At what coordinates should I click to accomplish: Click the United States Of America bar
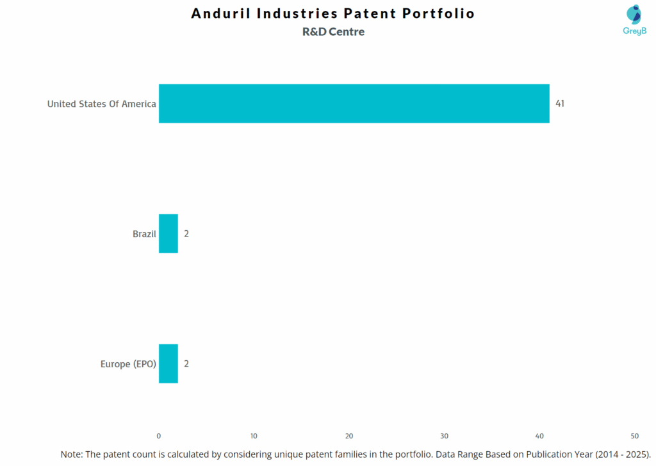point(354,103)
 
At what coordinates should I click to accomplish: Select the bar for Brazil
point(168,233)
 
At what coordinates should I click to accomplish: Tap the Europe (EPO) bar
point(168,363)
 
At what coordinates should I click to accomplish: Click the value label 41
point(560,103)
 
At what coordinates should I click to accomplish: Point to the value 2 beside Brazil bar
point(186,234)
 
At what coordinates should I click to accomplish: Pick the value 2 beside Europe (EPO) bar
point(186,363)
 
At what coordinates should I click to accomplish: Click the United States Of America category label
point(101,104)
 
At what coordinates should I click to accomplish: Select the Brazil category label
point(144,234)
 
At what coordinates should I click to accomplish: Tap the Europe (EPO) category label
point(128,364)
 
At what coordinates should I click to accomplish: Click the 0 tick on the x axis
point(159,436)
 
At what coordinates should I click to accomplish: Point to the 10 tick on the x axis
point(254,436)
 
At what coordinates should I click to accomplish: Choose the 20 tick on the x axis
point(349,436)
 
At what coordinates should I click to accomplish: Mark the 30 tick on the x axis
point(444,436)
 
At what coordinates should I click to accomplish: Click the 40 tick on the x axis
point(539,436)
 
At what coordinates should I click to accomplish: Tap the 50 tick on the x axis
point(634,436)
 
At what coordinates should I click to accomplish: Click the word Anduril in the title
point(222,13)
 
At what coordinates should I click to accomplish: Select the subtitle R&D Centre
point(333,31)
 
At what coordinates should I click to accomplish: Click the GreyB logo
point(634,19)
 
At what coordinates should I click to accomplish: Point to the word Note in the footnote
point(71,454)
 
